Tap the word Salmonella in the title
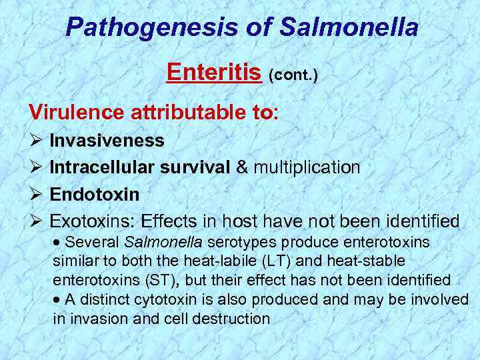click(350, 27)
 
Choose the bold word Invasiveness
click(107, 141)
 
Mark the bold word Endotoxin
click(95, 194)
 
